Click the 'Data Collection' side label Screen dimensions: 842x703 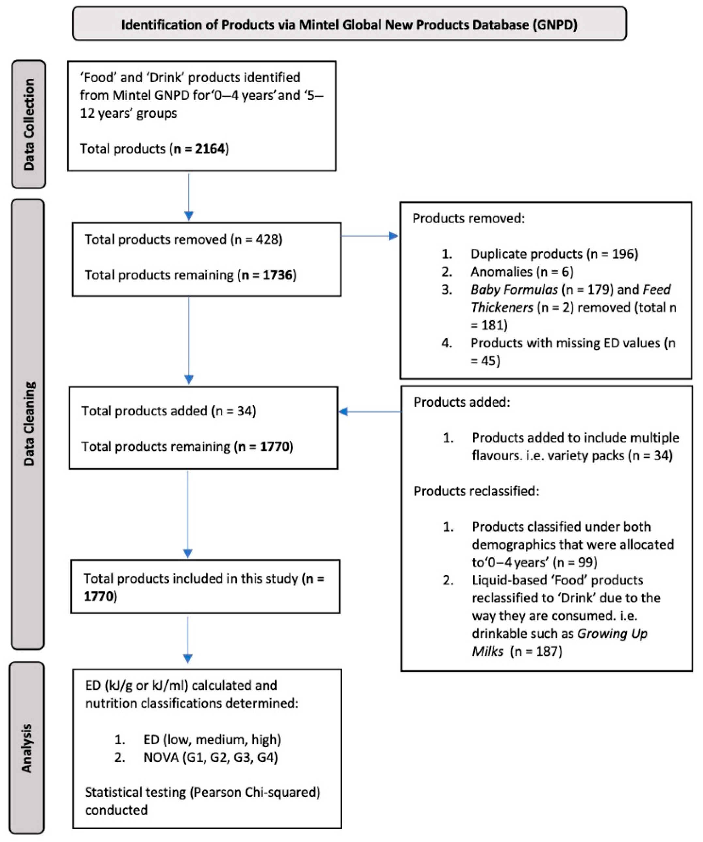coord(28,124)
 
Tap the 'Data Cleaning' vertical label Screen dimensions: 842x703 coord(28,423)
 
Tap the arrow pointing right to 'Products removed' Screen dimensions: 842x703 coord(370,236)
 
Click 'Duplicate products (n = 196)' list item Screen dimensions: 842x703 coord(554,254)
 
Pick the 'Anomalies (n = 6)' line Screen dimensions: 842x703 coord(522,272)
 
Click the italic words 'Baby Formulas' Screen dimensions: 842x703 coord(514,290)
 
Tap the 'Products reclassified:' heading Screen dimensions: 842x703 coord(476,491)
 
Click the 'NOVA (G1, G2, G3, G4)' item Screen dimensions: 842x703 coord(211,757)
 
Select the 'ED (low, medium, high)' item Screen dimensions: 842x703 coord(212,739)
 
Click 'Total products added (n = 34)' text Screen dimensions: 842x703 coord(168,411)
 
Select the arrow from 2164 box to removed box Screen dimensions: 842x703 coord(189,197)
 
